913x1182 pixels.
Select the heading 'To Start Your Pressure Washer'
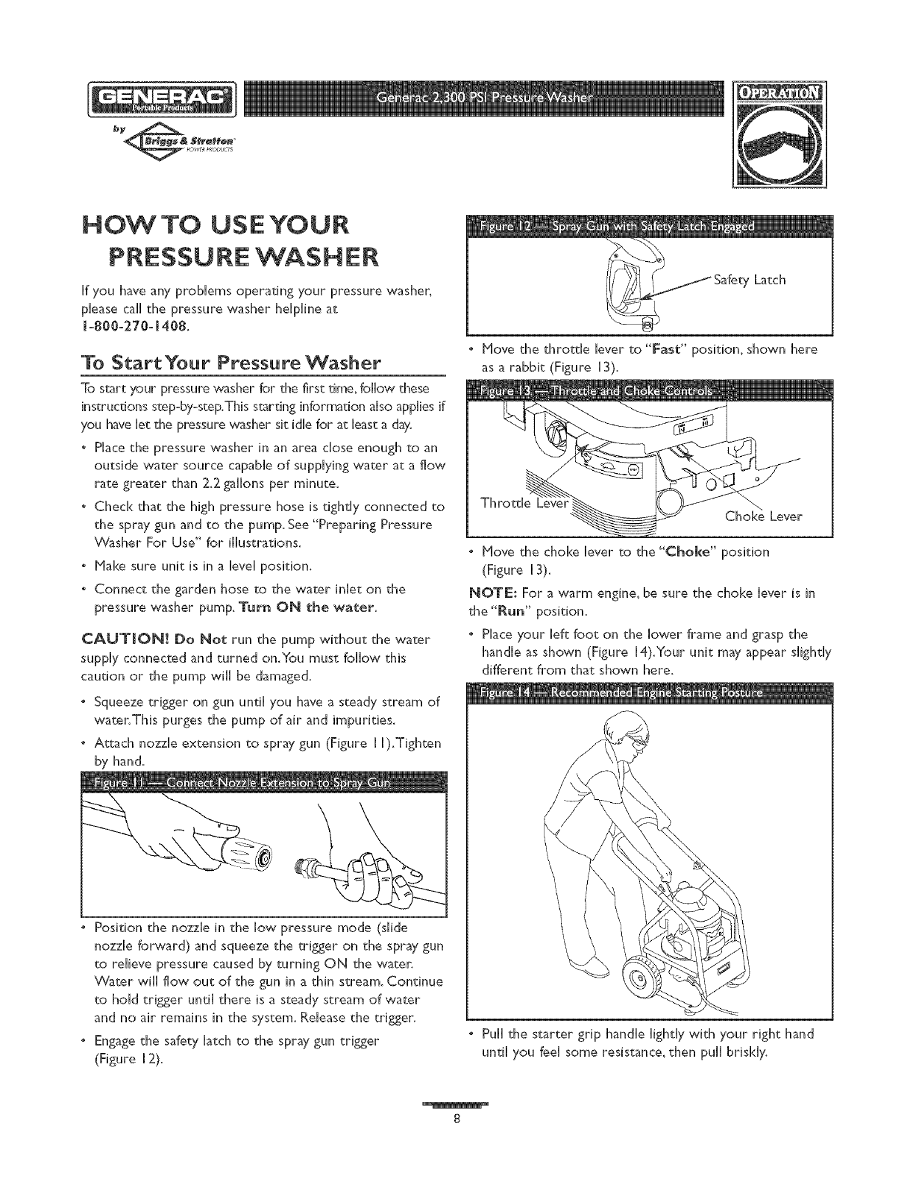tap(233, 363)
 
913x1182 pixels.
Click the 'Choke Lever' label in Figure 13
tap(762, 516)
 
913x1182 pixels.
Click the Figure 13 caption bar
tap(647, 392)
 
